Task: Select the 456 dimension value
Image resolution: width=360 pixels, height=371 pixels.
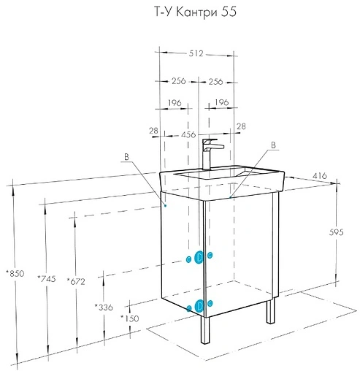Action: pos(188,134)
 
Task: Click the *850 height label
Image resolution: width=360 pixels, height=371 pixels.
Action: pos(15,273)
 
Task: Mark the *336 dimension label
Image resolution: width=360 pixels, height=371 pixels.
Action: pos(104,307)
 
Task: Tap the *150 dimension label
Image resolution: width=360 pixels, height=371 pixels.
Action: pos(130,319)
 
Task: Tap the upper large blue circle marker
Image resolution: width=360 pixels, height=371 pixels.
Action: pos(199,256)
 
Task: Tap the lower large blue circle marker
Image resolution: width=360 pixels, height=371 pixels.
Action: pos(199,306)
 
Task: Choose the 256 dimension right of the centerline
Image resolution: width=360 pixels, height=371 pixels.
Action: pos(217,80)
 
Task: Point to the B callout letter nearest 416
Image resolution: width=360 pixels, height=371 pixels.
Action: pos(272,146)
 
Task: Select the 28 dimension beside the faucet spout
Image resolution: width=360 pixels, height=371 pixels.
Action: pos(240,128)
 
